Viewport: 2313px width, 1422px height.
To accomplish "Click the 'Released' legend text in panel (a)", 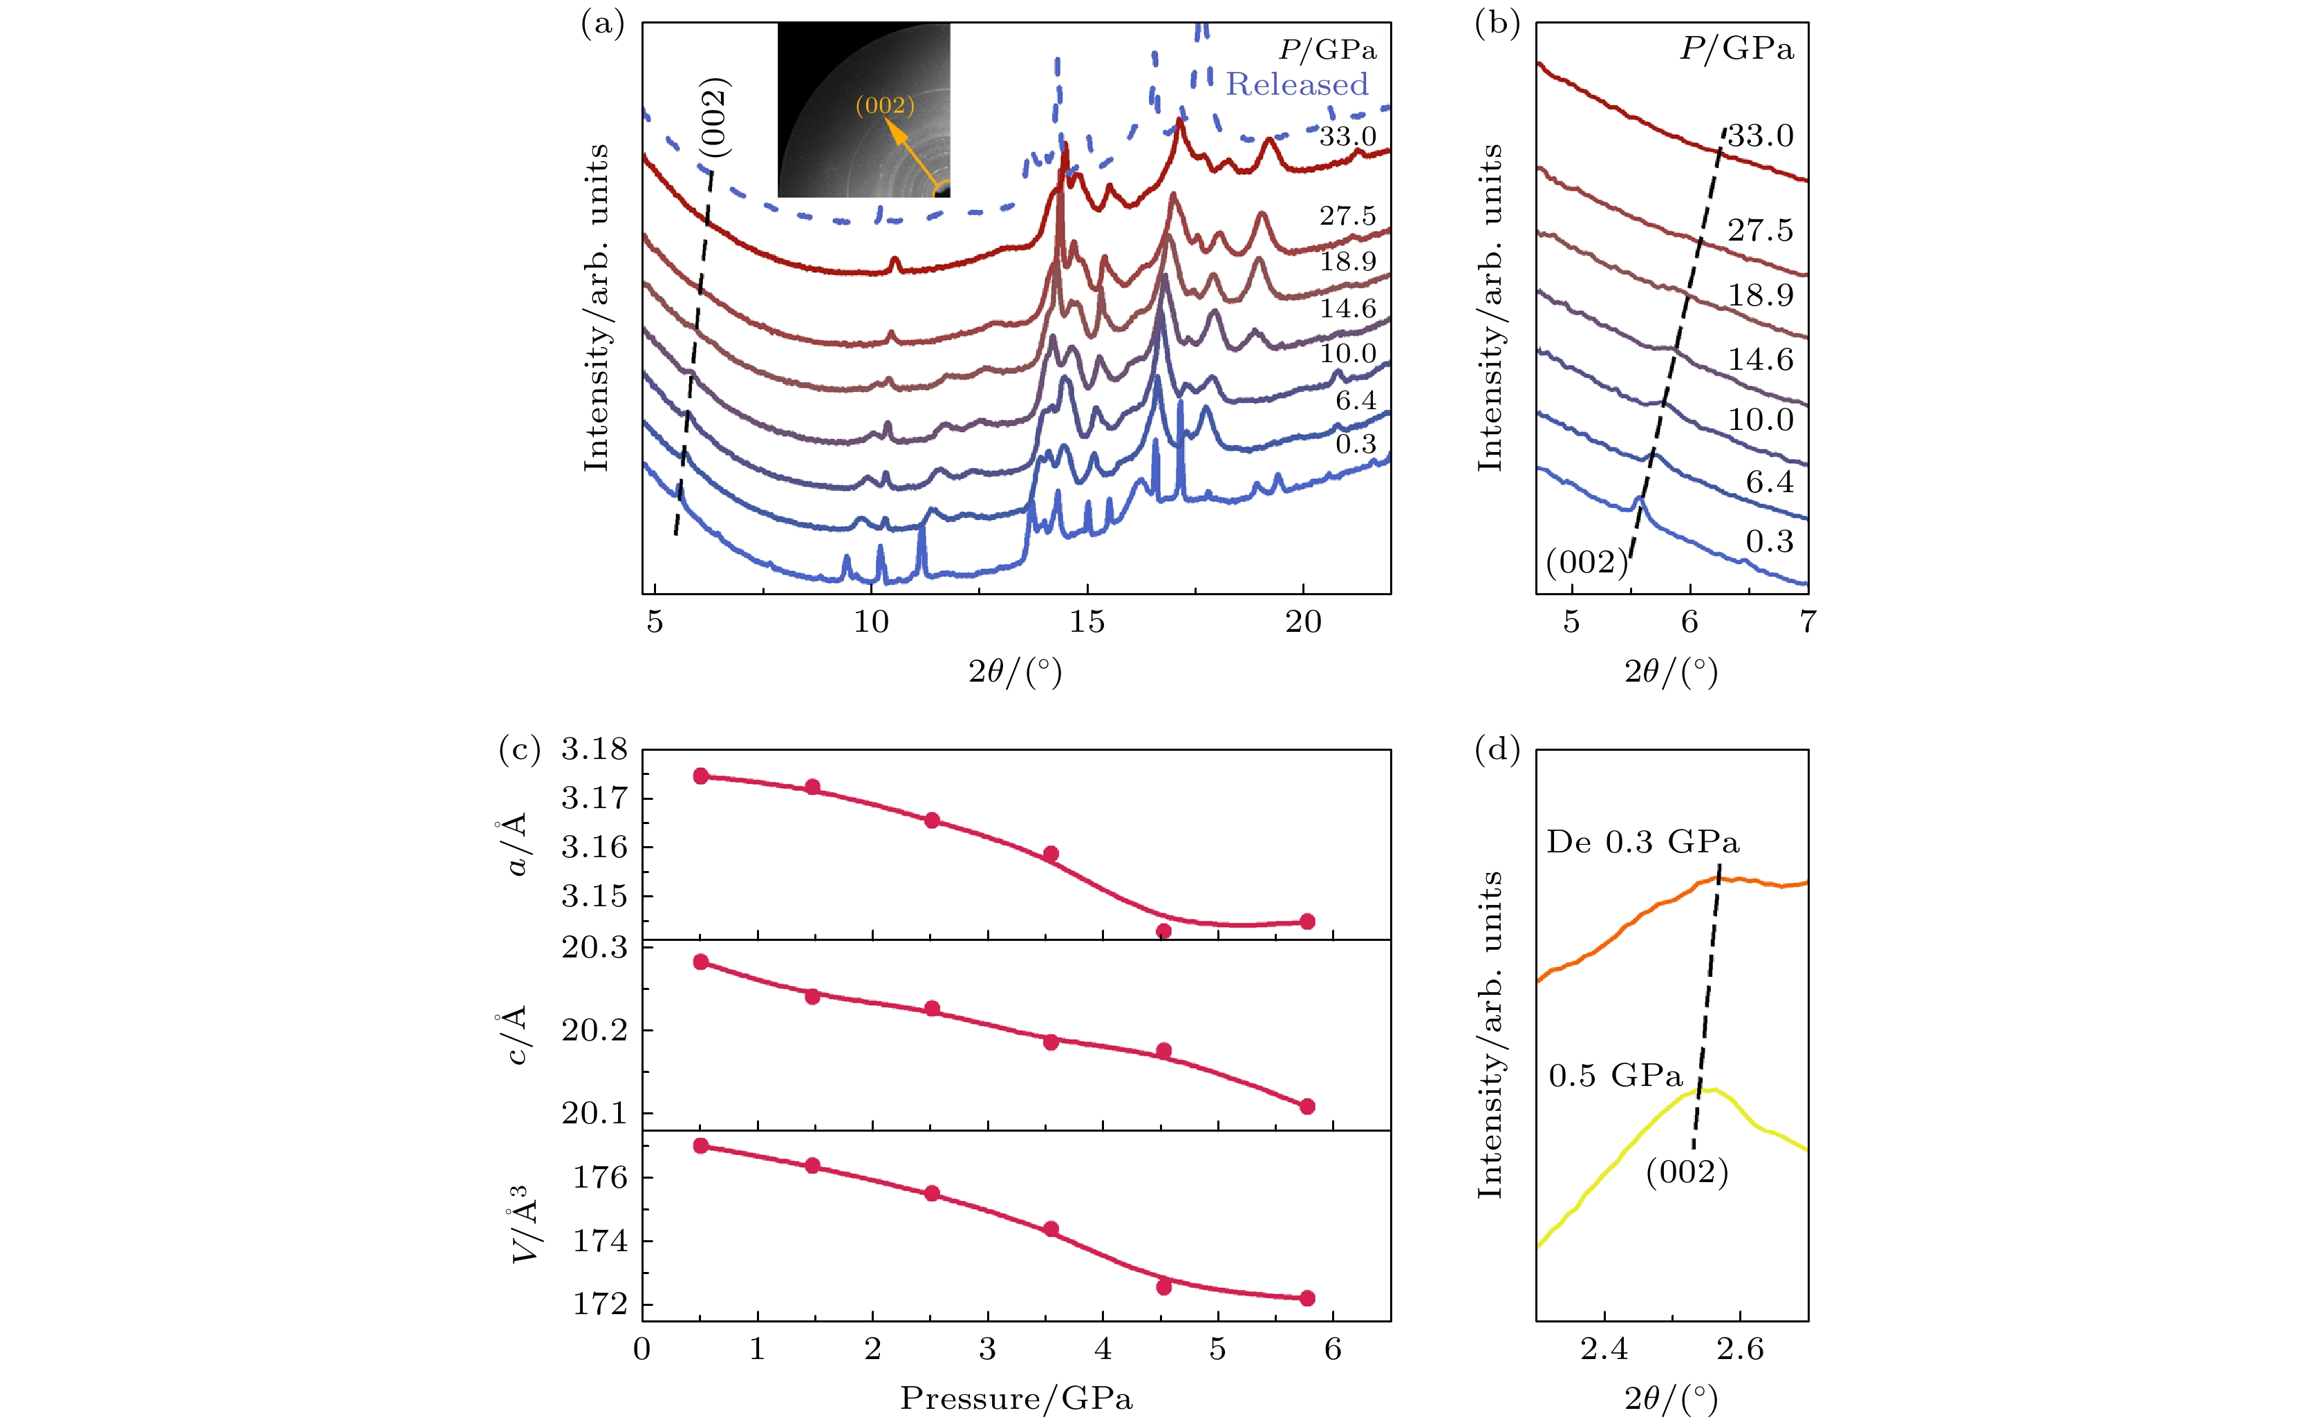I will coord(1297,84).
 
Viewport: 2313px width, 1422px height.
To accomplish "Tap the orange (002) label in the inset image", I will coord(884,104).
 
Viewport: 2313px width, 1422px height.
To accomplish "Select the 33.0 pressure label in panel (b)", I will coord(1760,136).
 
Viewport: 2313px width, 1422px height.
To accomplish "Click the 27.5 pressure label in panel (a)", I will coord(1347,216).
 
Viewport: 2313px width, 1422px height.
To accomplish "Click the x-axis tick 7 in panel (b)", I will coord(1807,621).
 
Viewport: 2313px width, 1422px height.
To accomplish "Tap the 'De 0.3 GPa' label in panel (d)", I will coord(1642,842).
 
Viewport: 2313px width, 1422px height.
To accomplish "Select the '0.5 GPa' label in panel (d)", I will coord(1614,1075).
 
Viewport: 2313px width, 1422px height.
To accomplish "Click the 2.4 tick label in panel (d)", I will coord(1603,1349).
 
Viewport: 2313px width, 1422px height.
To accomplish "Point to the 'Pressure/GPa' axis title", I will coord(1015,1398).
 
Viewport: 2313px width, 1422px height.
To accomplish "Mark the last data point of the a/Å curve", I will coord(1307,921).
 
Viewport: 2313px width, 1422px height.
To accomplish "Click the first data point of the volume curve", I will coord(700,1145).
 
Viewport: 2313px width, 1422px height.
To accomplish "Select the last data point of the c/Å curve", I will coord(1307,1106).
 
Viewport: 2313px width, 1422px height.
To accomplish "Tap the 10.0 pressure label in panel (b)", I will coord(1760,420).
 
